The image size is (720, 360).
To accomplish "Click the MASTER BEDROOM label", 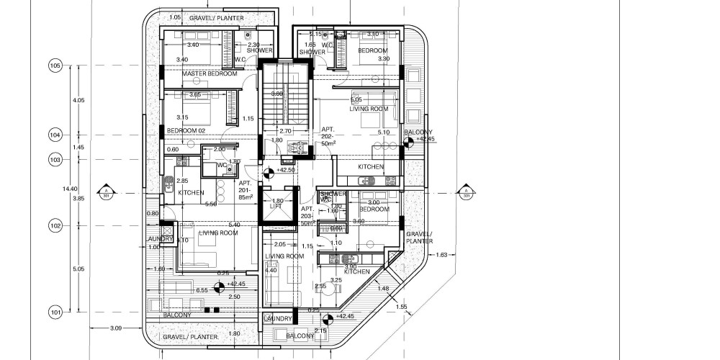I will click(210, 74).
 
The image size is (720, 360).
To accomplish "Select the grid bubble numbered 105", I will click(55, 66).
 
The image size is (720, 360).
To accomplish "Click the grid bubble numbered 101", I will click(55, 312).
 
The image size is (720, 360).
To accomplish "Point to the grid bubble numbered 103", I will click(55, 159).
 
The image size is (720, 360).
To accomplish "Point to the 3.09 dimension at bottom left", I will click(116, 329).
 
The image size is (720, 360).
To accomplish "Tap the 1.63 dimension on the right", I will click(443, 255).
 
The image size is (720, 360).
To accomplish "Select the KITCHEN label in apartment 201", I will click(191, 193).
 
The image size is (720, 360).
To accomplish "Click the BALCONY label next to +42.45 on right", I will click(418, 133).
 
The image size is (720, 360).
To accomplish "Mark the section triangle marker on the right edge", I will click(466, 192).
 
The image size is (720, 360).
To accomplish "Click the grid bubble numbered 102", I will click(55, 226).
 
